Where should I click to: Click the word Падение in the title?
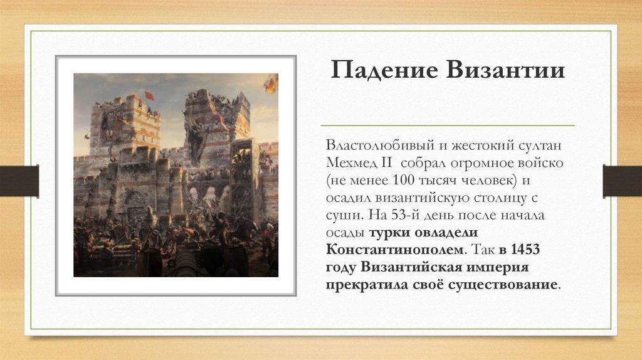pyautogui.click(x=384, y=70)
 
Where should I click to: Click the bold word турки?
pyautogui.click(x=389, y=233)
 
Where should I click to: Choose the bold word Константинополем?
pyautogui.click(x=396, y=250)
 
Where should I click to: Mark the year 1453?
pyautogui.click(x=525, y=250)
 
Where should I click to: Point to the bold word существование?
pyautogui.click(x=502, y=285)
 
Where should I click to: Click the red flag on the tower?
pyautogui.click(x=149, y=95)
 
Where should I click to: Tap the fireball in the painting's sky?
pyautogui.click(x=271, y=83)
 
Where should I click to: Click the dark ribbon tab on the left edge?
pyautogui.click(x=19, y=181)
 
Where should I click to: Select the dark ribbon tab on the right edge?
pyautogui.click(x=623, y=181)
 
